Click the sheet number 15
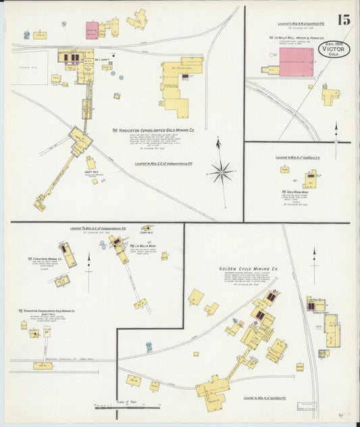pos(343,20)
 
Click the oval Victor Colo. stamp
pos(334,49)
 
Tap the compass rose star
pos(220,172)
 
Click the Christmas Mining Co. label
pos(45,259)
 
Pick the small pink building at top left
pos(92,30)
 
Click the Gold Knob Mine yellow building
pos(310,180)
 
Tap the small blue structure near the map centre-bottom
pos(149,347)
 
